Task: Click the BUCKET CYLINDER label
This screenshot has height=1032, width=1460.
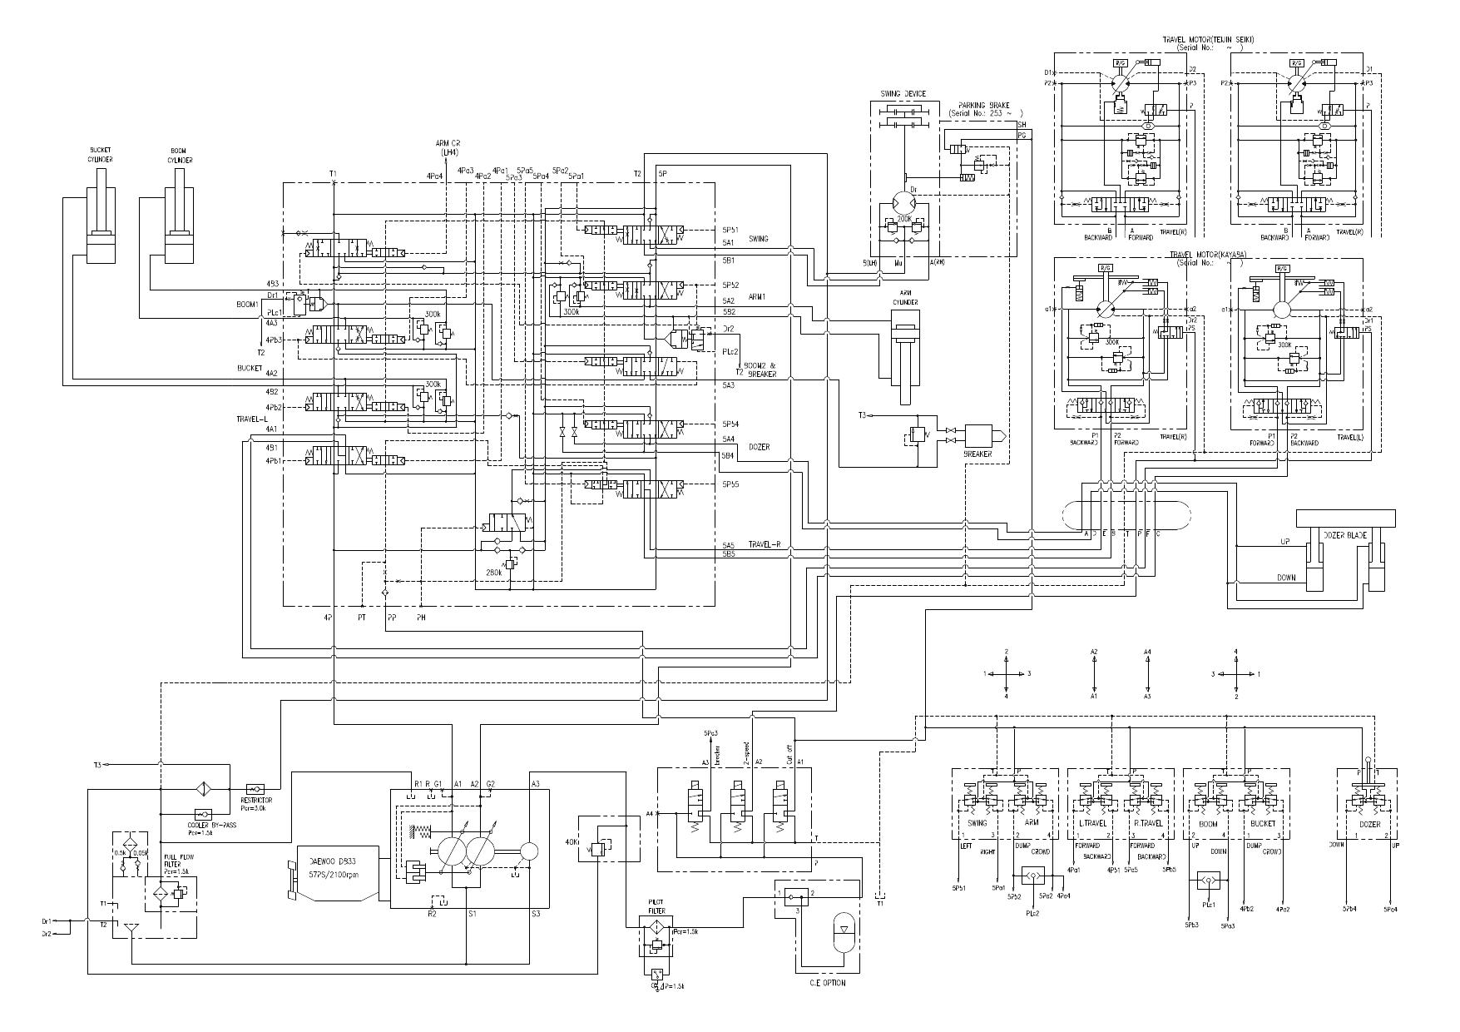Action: click(x=100, y=156)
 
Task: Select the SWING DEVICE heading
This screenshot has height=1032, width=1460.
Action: click(x=903, y=94)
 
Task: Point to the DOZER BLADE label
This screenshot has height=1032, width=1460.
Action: click(x=1346, y=536)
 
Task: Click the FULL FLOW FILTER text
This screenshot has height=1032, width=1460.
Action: click(x=174, y=861)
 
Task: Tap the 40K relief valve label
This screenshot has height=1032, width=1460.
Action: click(x=571, y=841)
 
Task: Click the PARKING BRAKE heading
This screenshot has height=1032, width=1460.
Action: click(x=983, y=105)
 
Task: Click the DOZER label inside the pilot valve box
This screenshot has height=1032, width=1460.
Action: click(x=1368, y=824)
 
